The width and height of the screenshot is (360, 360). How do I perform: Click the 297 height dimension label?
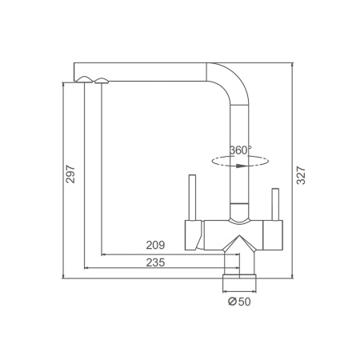click(70, 174)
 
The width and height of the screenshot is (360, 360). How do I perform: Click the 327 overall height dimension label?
click(301, 175)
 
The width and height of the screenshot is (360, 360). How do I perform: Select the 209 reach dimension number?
click(155, 245)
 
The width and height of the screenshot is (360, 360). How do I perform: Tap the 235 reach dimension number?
click(155, 262)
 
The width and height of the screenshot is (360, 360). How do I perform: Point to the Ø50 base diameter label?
click(239, 302)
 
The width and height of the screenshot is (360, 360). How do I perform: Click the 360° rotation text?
click(241, 150)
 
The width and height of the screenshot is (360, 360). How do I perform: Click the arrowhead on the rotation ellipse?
click(242, 166)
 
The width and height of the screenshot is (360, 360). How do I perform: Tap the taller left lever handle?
click(192, 198)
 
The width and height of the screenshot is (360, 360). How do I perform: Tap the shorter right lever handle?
click(275, 205)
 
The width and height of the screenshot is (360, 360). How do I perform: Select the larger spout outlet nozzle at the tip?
click(85, 79)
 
